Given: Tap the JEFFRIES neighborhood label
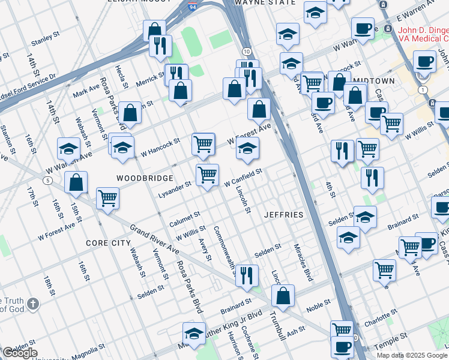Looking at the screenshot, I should coord(283,214).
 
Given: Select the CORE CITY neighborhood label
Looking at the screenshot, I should coord(108,243).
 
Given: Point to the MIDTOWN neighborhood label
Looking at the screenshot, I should coord(374,80).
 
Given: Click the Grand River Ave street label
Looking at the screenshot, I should coord(155,239).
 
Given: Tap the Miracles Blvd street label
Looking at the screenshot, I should coord(304,263).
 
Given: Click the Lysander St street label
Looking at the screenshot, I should coord(174,185).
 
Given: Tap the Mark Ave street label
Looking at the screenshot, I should coord(86,91).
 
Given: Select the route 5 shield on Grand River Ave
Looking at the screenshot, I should coord(47,180).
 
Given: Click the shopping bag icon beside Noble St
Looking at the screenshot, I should coord(283,295).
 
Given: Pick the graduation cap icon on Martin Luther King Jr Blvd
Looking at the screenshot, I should coord(194,333).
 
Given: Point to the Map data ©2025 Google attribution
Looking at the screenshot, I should coord(411,355).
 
